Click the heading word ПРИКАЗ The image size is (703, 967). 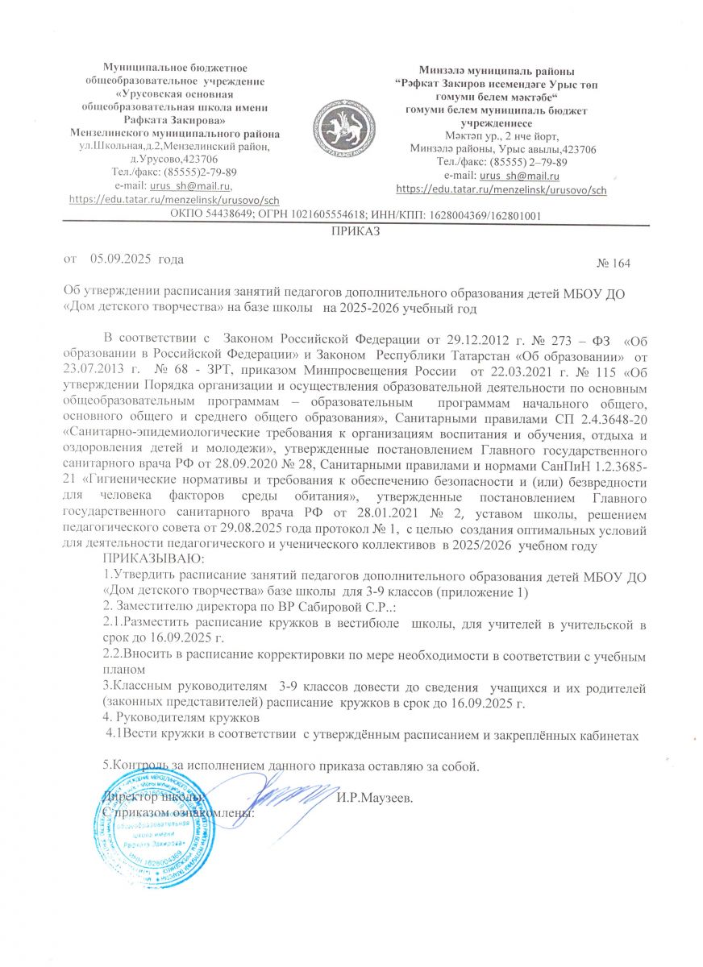(x=351, y=232)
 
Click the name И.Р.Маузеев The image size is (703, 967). (x=376, y=799)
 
